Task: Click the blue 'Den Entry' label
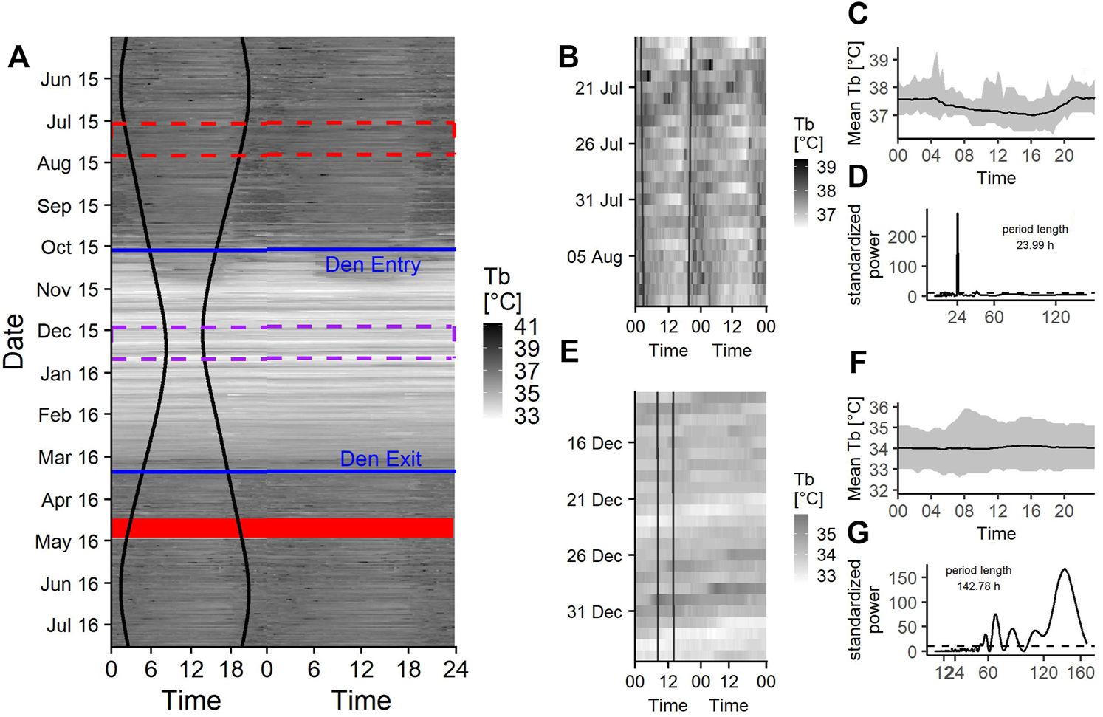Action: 372,264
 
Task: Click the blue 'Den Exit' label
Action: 380,459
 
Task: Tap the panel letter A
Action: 18,57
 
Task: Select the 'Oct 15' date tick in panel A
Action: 69,247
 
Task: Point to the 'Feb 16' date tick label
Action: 68,415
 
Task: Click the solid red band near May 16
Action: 283,527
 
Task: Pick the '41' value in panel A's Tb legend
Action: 526,326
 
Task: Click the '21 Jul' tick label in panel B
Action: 599,89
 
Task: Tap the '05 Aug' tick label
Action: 594,257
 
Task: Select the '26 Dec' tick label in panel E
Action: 594,555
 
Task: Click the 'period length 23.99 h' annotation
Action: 1034,237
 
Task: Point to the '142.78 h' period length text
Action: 978,586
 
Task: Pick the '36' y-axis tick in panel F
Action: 878,407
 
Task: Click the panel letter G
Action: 857,532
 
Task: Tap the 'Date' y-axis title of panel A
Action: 14,341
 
